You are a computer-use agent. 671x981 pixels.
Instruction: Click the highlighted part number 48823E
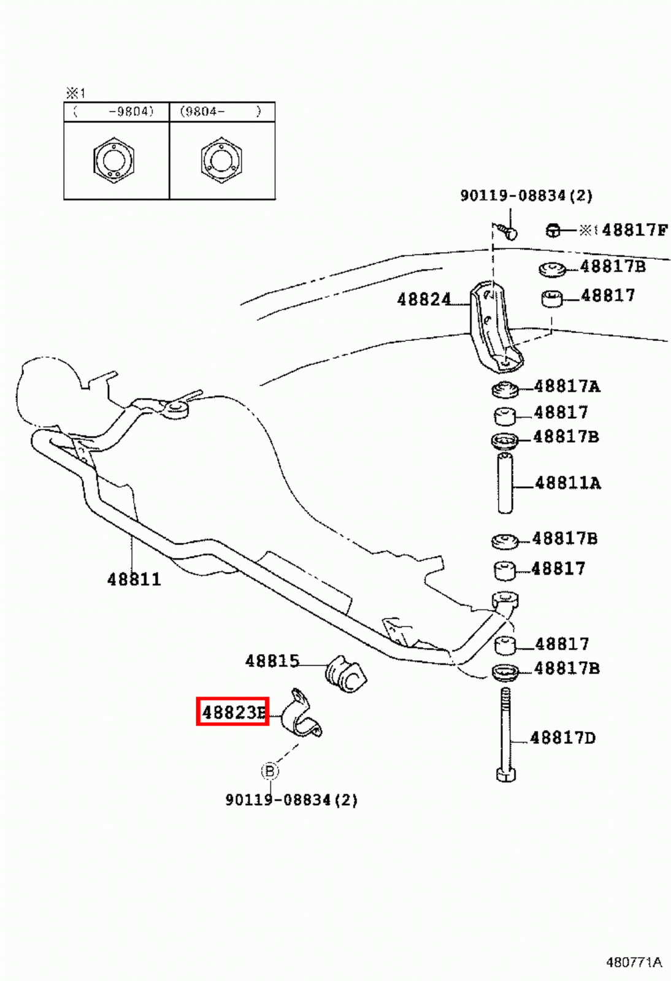tap(232, 712)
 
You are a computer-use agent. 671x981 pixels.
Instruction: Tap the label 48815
tap(272, 661)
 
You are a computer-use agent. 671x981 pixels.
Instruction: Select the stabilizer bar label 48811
tap(134, 579)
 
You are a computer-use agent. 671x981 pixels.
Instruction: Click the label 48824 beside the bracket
tap(424, 300)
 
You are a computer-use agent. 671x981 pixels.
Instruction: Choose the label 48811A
tap(567, 483)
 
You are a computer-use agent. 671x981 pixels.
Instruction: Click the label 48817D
tap(562, 738)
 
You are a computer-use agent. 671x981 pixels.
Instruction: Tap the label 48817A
tap(567, 386)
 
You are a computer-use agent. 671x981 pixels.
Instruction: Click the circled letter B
tap(269, 771)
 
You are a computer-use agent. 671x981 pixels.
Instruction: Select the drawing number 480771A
tap(634, 962)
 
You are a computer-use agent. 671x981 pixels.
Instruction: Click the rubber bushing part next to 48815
tap(345, 674)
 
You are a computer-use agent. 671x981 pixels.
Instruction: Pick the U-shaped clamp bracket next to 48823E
tap(301, 716)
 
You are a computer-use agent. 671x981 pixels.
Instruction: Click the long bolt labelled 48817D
tap(505, 736)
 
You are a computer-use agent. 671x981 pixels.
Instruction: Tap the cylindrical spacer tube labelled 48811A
tap(505, 483)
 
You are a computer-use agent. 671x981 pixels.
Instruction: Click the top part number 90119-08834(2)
tap(526, 196)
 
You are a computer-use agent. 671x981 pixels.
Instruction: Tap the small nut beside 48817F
tap(553, 231)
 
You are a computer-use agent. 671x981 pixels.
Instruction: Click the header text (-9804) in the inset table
tap(130, 112)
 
